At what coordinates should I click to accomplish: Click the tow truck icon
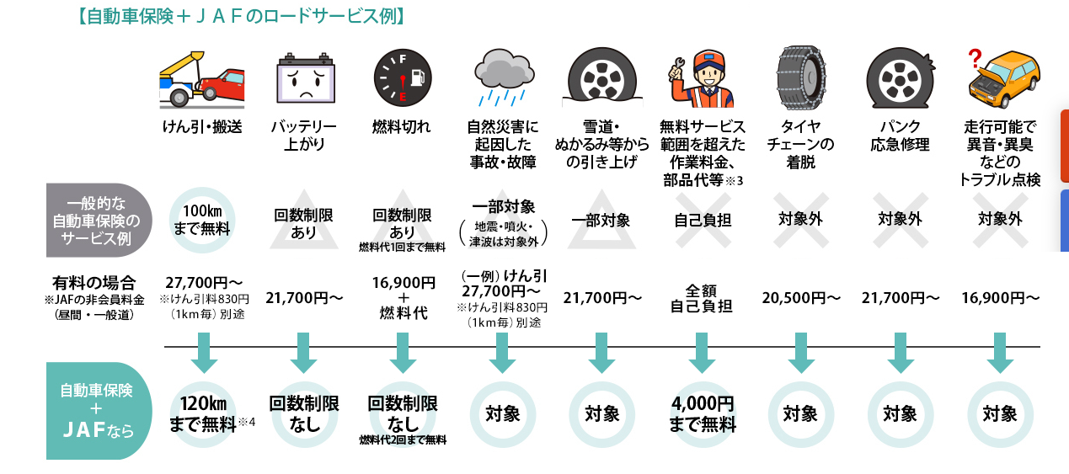[x=202, y=79]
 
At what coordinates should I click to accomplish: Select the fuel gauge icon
[x=401, y=79]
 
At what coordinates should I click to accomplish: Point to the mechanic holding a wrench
[x=699, y=78]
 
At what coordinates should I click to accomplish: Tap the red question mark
[x=975, y=59]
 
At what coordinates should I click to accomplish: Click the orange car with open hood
[x=1004, y=79]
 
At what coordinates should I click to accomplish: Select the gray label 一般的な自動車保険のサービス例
[x=99, y=221]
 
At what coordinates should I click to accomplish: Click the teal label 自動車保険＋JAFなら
[x=97, y=412]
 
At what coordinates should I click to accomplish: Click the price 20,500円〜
[x=801, y=297]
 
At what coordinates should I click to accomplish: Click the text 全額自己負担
[x=701, y=297]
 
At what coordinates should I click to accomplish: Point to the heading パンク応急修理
[x=900, y=136]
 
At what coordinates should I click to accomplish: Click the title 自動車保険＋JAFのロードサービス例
[x=240, y=16]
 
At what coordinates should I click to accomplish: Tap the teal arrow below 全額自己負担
[x=701, y=354]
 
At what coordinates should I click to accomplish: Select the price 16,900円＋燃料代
[x=404, y=297]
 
